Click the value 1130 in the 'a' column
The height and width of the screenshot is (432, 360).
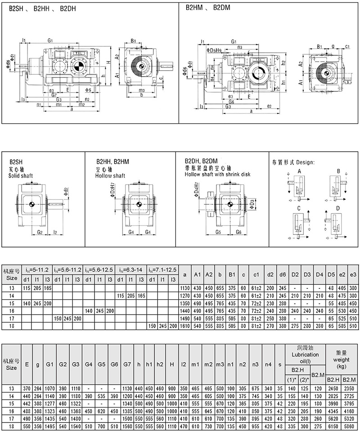coord(184,287)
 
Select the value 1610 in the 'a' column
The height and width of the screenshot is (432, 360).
coord(184,325)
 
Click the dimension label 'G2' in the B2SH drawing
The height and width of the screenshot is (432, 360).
coord(40,232)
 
